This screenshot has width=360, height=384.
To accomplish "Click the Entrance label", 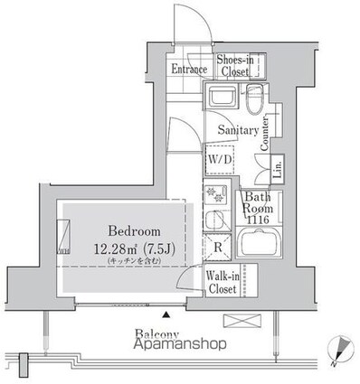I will (189, 70).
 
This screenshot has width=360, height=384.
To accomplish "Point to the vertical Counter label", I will (266, 133).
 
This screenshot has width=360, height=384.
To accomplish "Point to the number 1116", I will (259, 220).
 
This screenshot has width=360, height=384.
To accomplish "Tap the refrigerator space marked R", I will (218, 245).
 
